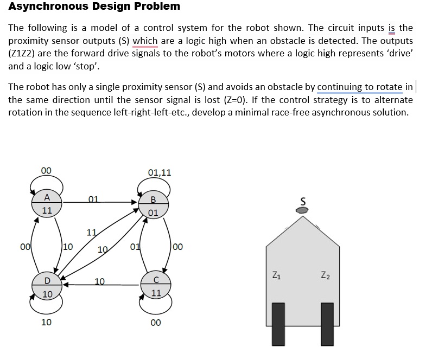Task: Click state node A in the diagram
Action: coord(48,203)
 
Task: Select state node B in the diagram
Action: coord(153,205)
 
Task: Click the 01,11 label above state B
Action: coord(159,173)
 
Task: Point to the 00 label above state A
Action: coord(47,170)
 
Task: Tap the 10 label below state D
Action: coord(47,322)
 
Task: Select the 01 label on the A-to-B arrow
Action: coord(93,198)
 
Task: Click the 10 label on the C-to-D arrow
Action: coord(99,281)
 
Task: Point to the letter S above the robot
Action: coord(303,200)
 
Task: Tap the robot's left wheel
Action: coord(278,324)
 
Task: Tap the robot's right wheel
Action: coord(327,324)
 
